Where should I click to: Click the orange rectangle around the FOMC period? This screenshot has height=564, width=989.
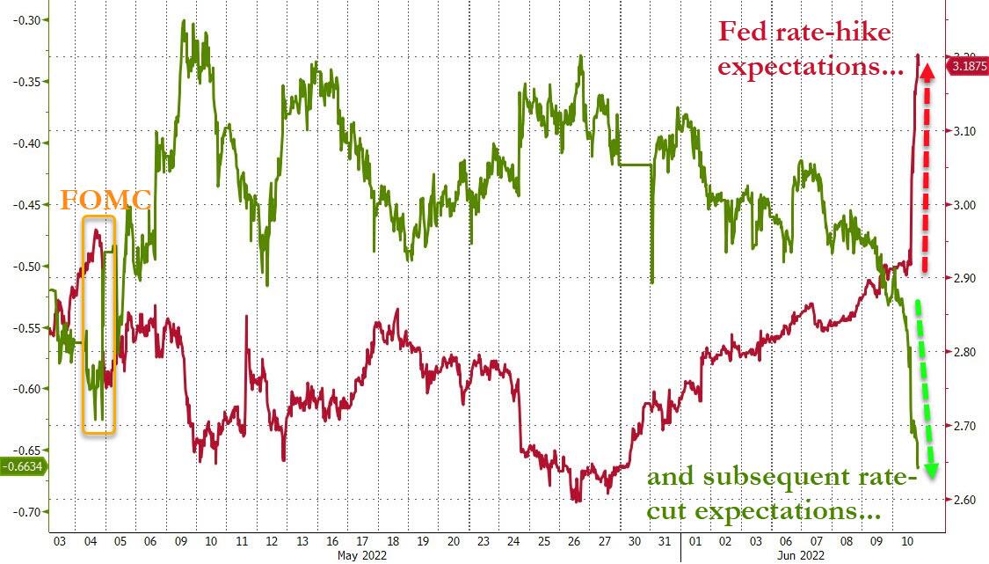[99, 324]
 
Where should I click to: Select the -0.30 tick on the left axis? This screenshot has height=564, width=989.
[26, 20]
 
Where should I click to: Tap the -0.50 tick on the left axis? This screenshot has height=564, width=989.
[26, 266]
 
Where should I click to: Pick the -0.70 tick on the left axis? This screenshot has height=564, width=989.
[26, 512]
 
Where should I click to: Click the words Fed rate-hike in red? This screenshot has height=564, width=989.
[804, 33]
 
